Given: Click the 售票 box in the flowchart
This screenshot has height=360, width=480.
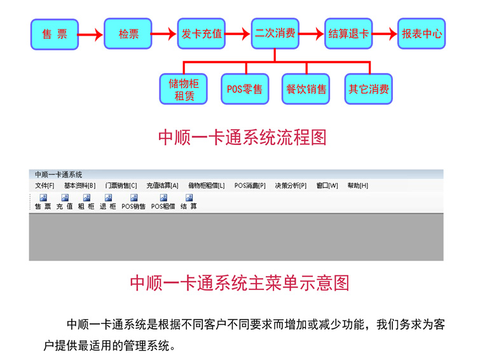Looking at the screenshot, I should coord(55,34).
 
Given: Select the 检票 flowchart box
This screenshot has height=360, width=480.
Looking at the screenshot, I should coord(128,34).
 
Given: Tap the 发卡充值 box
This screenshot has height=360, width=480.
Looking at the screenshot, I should coord(202,34).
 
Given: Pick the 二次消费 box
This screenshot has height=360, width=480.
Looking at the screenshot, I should coord(275,34).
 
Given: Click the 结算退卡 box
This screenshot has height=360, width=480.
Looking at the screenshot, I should coord(348,34).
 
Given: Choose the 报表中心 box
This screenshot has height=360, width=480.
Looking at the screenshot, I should coord(422,34).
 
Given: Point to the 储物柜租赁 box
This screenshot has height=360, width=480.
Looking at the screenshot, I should coord(183,90).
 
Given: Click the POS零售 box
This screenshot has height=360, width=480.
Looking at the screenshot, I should coord(245,90).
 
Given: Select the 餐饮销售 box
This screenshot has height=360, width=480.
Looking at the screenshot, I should coord(306,90).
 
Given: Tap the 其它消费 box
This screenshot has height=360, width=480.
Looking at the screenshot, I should coord(369,90).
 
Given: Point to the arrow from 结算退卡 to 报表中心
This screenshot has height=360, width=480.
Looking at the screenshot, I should coord(384,34).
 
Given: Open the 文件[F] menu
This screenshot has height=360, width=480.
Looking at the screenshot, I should coord(45,186).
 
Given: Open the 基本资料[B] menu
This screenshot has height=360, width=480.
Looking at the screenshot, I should coord(79,186).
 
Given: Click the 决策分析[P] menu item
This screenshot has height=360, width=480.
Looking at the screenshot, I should coord(291,186).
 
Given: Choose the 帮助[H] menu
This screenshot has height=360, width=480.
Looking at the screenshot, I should coord(357,186).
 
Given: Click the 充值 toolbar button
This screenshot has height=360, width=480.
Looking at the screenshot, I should coord(64,202).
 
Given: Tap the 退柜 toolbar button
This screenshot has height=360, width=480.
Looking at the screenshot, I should coord(107,202).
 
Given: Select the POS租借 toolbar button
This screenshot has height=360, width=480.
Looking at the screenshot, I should coord(163,202).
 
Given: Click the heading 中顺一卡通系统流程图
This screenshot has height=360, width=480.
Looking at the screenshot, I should coord(242,137).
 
